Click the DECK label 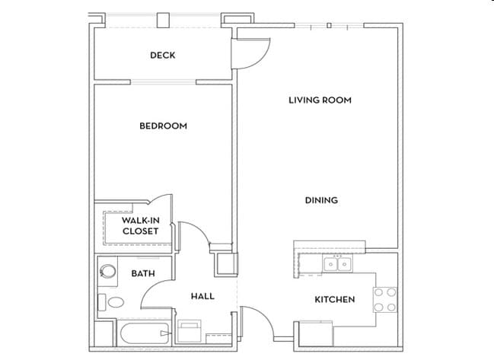click(x=163, y=55)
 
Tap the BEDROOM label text click(x=163, y=126)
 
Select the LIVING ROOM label click(x=320, y=100)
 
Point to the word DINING click(x=321, y=200)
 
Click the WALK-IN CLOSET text click(x=141, y=225)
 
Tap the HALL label click(x=202, y=296)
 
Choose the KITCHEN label click(x=335, y=299)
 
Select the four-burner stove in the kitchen click(x=384, y=299)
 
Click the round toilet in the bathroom click(x=107, y=270)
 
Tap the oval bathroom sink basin click(x=115, y=302)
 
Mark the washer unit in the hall click(x=190, y=332)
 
